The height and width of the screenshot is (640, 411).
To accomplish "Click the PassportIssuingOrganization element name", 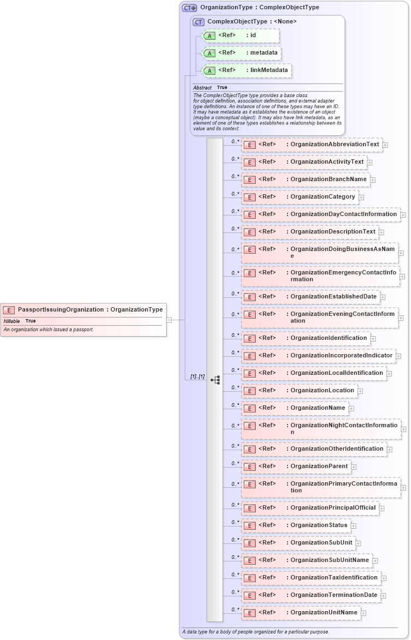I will [60, 310].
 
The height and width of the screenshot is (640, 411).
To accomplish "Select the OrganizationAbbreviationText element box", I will [312, 145].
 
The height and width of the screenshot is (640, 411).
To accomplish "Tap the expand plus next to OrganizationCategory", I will [361, 197].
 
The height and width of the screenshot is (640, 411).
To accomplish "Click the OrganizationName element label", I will [318, 408].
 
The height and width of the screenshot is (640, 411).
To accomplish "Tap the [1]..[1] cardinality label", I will [197, 377].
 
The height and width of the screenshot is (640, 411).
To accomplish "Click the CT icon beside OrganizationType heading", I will [190, 8].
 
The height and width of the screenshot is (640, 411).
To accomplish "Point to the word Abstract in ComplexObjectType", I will [202, 88].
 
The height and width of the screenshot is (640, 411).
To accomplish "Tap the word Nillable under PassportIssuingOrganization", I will [11, 321].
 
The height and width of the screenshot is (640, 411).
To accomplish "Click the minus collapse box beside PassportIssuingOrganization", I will [169, 320].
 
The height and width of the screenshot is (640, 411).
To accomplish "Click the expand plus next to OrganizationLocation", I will [360, 391].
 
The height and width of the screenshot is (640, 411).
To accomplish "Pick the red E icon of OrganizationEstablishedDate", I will [249, 297].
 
